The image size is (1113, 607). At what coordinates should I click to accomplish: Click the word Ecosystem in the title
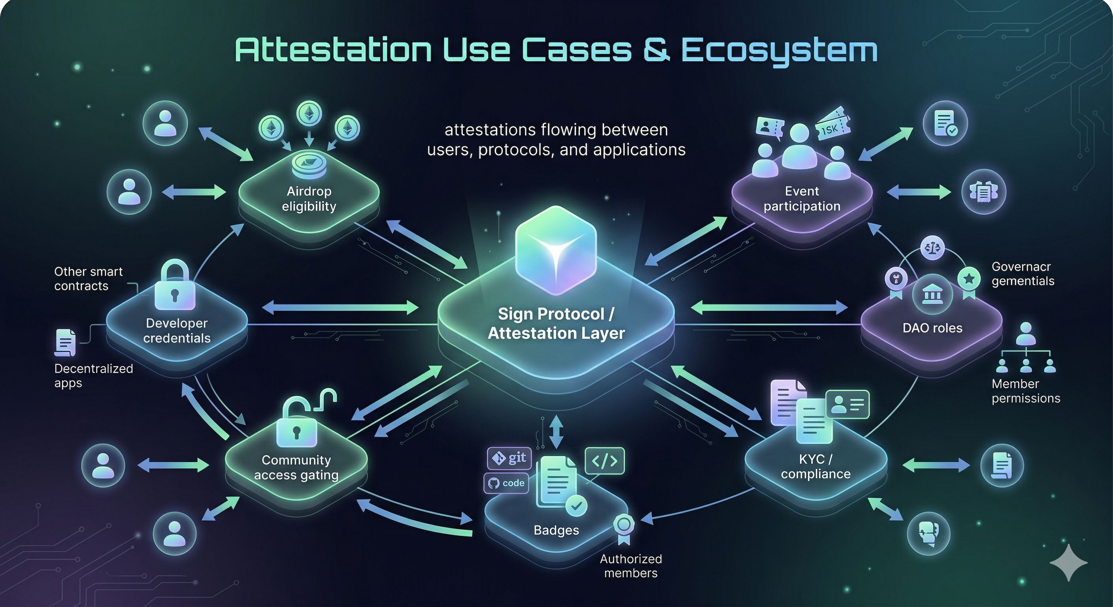(x=779, y=51)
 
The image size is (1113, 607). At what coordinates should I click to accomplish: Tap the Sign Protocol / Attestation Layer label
(x=556, y=324)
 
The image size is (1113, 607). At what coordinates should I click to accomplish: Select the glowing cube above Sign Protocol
(x=556, y=251)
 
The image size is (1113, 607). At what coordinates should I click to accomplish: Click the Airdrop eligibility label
(x=309, y=199)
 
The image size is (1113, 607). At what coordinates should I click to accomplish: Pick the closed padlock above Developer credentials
(x=175, y=286)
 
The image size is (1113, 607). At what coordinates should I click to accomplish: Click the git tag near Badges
(x=509, y=458)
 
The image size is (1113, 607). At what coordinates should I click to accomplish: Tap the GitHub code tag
(x=506, y=483)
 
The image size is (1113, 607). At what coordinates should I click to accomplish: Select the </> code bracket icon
(x=604, y=461)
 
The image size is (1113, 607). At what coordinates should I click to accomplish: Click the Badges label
(x=556, y=530)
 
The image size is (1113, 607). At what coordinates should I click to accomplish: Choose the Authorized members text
(x=631, y=566)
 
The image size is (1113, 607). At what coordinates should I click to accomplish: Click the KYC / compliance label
(x=816, y=467)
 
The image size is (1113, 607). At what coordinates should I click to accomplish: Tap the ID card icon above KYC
(x=847, y=404)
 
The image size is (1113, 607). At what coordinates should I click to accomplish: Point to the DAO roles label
(x=932, y=328)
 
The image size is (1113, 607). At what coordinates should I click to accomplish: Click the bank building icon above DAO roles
(x=932, y=296)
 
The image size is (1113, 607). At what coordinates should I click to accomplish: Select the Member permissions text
(x=1026, y=391)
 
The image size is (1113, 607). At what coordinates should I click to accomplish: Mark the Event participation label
(x=802, y=199)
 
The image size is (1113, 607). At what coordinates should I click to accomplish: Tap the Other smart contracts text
(x=89, y=279)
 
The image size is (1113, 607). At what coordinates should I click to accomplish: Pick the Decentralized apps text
(x=93, y=376)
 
